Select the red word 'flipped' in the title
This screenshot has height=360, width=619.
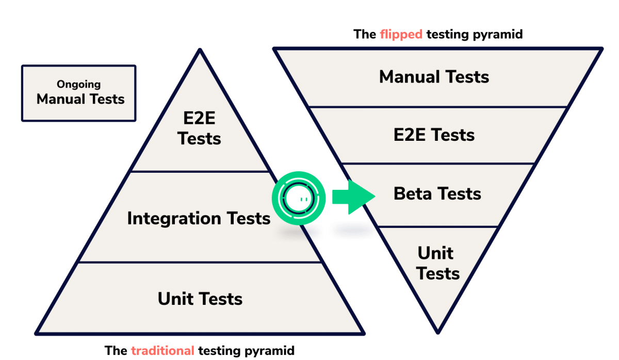pos(401,35)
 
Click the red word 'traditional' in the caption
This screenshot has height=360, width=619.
pos(162,351)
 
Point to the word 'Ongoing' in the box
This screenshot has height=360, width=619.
pos(79,84)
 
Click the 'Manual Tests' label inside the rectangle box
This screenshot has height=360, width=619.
pos(80,99)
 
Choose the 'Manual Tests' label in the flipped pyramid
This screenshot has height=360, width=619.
pos(434,77)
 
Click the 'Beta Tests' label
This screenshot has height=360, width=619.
pos(437,194)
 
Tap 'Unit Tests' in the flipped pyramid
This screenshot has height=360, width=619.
pos(437,263)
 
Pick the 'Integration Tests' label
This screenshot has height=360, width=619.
pos(199,219)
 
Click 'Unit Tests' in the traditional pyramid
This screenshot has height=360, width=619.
pos(200,299)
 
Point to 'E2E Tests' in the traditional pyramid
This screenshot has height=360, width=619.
pos(200,129)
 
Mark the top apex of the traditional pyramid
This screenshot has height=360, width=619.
pos(200,50)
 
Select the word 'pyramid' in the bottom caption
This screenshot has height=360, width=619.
pos(269,351)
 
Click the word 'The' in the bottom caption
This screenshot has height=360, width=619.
pos(116,351)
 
